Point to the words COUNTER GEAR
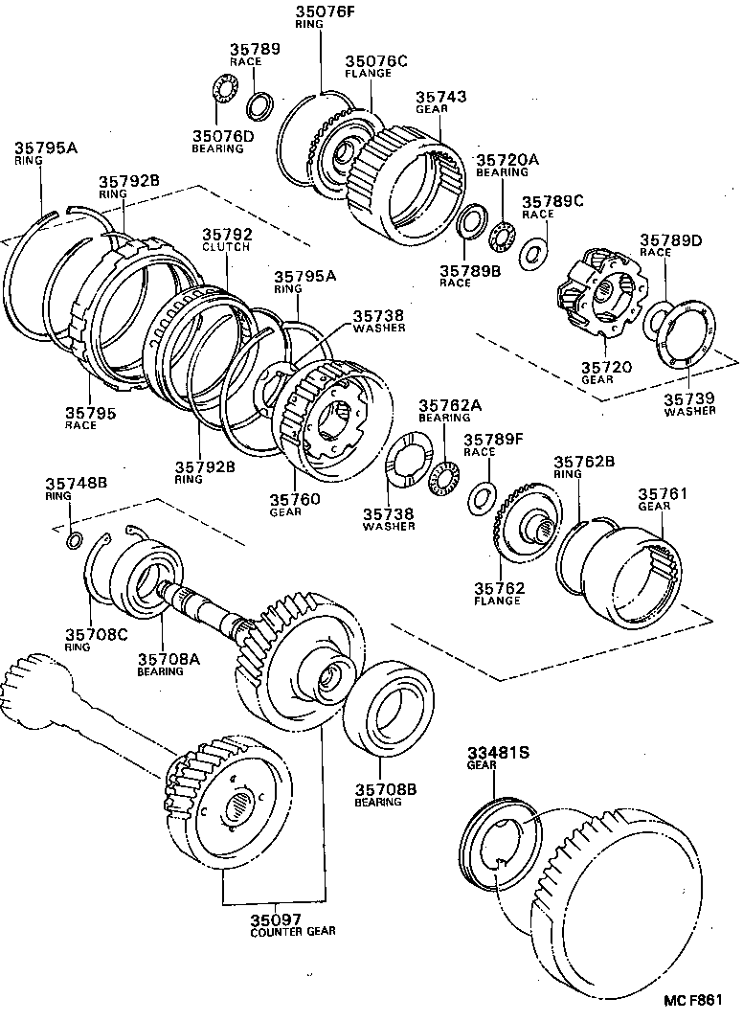coord(294,931)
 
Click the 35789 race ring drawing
coord(259,103)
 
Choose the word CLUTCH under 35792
coord(226,247)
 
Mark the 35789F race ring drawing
coord(482,497)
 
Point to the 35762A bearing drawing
coord(443,475)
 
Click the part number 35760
coord(294,500)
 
